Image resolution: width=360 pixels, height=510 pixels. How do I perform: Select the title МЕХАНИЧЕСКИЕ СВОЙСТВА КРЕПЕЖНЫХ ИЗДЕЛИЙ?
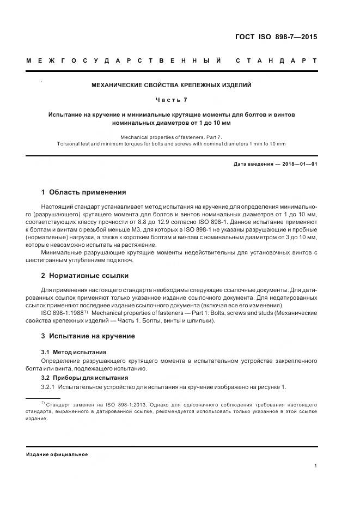tap(172, 85)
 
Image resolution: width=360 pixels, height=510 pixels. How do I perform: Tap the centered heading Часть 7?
tap(172, 100)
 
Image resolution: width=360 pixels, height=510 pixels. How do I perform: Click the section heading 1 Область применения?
tap(83, 192)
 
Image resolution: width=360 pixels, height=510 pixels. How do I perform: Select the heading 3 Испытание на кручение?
tap(88, 336)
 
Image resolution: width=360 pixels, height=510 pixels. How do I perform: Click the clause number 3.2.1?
tap(49, 387)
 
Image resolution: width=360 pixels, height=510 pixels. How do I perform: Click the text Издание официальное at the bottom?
tap(57, 454)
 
